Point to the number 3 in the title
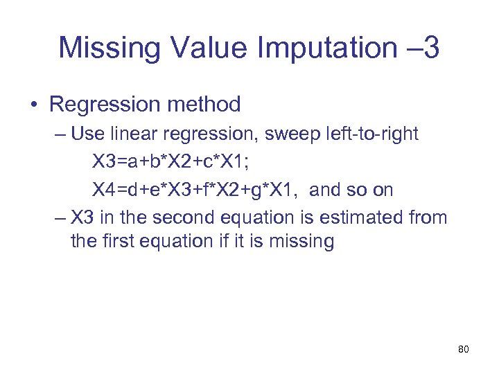coord(429,49)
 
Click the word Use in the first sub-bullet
coord(87,134)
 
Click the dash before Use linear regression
coord(60,134)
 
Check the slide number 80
coord(464,350)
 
